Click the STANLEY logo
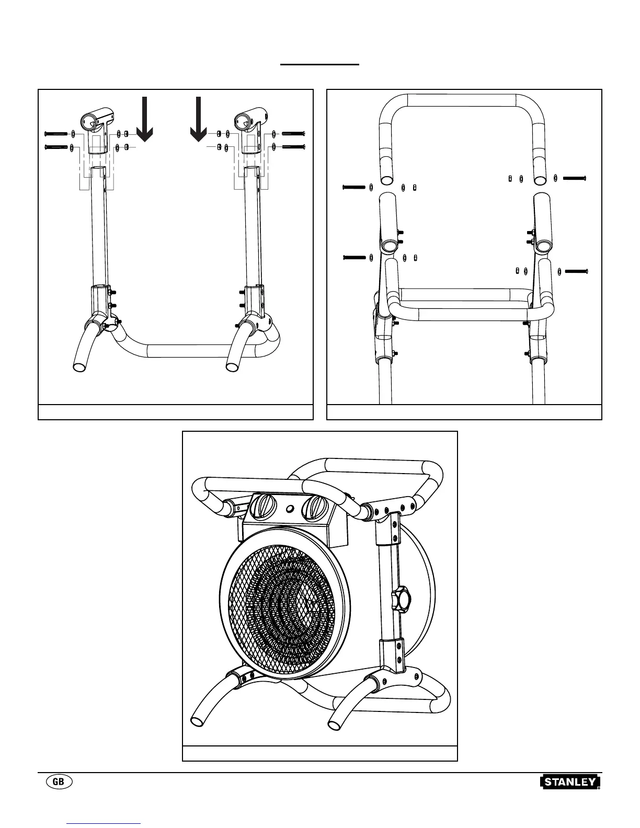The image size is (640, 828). tap(570, 782)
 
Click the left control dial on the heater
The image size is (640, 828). tap(261, 507)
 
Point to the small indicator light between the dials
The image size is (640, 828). tap(288, 507)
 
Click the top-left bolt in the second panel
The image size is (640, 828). tap(354, 187)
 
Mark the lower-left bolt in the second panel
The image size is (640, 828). tap(354, 257)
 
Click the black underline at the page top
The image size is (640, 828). tap(320, 64)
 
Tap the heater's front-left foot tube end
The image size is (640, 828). tap(198, 721)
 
